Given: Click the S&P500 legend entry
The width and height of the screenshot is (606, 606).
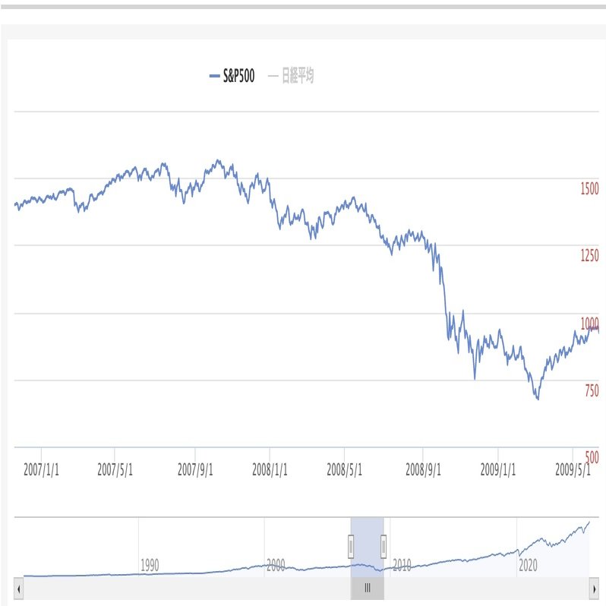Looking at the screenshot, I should tap(232, 76).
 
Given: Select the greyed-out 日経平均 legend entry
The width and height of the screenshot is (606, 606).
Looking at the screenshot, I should tap(292, 76).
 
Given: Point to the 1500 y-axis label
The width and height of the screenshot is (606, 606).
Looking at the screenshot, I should tap(589, 189).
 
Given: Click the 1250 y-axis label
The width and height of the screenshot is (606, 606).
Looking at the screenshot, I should tap(589, 257).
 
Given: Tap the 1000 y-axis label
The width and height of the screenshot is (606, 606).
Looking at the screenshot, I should tap(589, 324).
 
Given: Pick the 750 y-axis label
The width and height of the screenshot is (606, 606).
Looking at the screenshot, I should tap(591, 391).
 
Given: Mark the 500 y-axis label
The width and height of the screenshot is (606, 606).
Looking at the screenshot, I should tap(591, 458).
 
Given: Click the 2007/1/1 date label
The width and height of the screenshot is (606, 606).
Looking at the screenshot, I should tap(41, 469).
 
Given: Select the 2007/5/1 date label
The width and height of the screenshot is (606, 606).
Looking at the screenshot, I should tap(115, 469).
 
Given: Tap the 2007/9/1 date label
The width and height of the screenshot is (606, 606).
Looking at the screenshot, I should tap(196, 469).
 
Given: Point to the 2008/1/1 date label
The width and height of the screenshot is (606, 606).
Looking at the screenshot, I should tap(270, 469).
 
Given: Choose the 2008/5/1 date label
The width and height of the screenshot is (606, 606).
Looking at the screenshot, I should tap(345, 469).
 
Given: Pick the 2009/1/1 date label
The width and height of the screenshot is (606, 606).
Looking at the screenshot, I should tap(498, 469).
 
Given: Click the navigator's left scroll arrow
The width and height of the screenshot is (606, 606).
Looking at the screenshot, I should tap(19, 588).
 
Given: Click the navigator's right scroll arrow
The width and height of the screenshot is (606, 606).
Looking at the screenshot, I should tap(594, 588).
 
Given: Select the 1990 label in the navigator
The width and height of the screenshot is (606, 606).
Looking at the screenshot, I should tap(150, 566).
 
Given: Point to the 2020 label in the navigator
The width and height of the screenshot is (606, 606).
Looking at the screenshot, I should tap(528, 566).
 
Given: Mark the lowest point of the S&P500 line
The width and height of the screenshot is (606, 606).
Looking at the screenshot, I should tap(538, 399).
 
